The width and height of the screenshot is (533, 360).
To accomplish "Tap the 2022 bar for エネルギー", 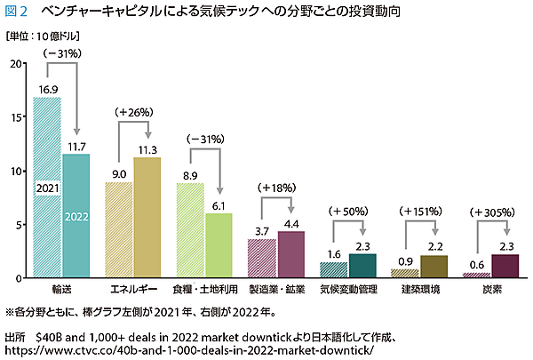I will [x=147, y=218].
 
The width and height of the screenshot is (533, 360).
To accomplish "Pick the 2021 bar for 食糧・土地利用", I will [x=191, y=230].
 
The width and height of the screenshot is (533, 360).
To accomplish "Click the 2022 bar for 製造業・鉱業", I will [x=291, y=255].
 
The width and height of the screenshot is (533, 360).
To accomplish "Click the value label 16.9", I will [x=47, y=89].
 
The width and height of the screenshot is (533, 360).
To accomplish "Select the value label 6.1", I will [x=219, y=205].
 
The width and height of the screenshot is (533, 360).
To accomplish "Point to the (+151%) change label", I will [x=419, y=213].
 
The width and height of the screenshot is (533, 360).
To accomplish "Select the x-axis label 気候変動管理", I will [x=349, y=291].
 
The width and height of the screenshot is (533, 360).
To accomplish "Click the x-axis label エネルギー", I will [x=134, y=291].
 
